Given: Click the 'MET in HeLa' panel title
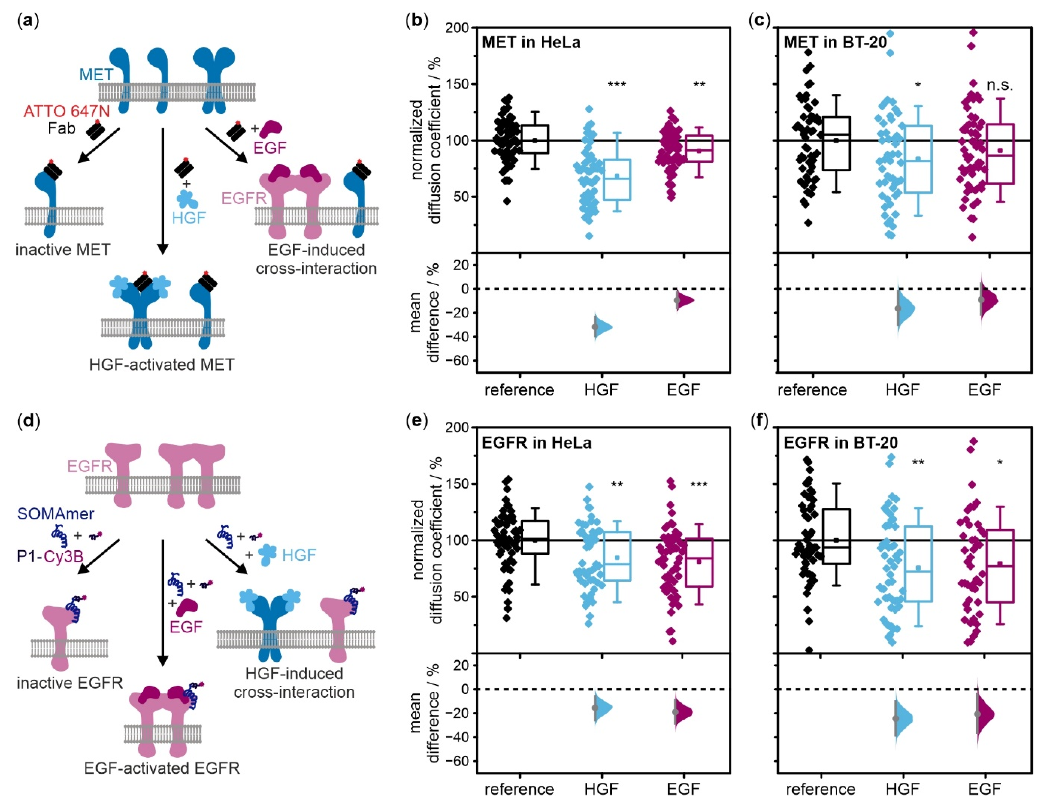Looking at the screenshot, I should pos(531,42).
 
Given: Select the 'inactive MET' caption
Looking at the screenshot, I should pos(63,250).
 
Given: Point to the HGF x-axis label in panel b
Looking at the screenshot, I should pos(601,389).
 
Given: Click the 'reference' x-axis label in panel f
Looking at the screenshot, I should pos(820,789).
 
